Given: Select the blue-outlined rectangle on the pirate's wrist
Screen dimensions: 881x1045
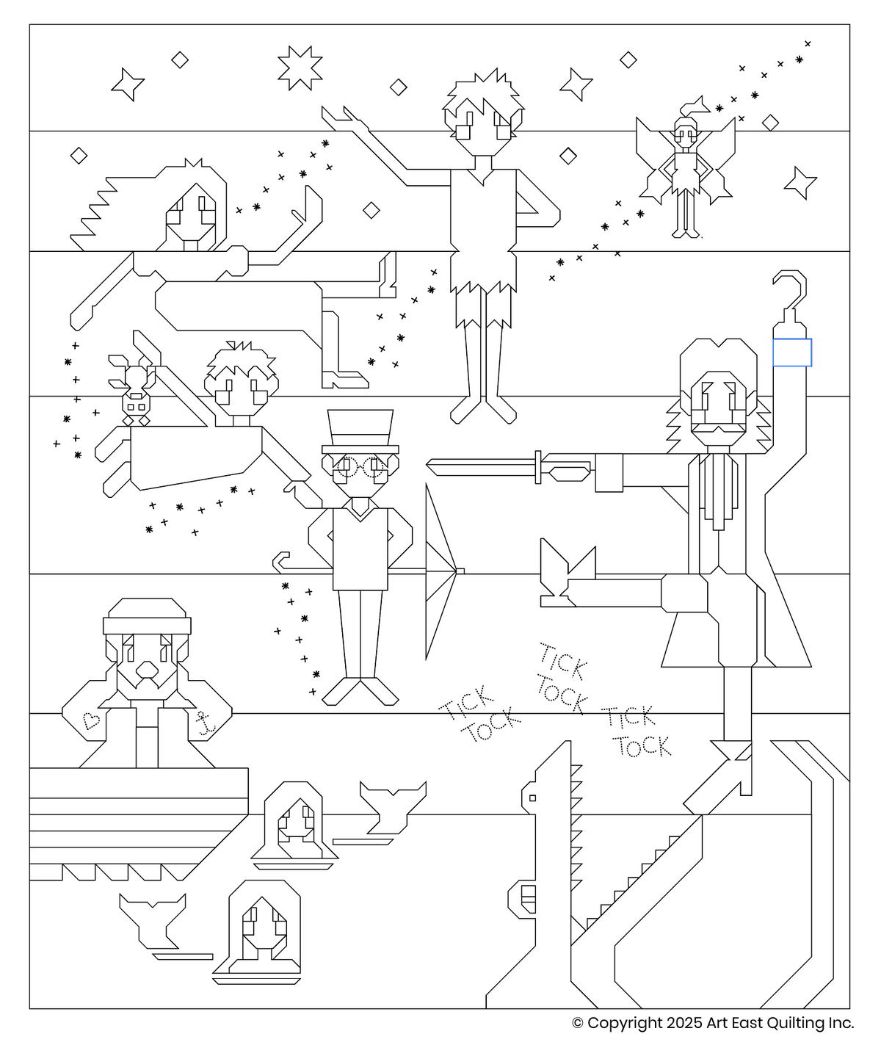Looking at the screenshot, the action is tap(792, 352).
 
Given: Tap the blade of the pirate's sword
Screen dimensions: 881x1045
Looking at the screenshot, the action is tap(480, 468).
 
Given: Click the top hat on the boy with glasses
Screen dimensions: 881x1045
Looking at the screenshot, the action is tap(360, 431).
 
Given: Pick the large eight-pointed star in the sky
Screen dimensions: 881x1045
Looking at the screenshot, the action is tap(300, 68).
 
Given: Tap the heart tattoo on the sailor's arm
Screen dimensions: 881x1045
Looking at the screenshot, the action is tap(91, 720).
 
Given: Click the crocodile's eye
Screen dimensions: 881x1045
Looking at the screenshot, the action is tap(532, 798).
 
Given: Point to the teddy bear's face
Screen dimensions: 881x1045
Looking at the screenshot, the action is tap(136, 406).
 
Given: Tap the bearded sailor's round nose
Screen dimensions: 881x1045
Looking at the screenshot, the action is tap(147, 670).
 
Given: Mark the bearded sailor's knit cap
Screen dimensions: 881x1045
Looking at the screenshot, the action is tap(147, 615).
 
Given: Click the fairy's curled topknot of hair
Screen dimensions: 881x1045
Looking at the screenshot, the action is tap(695, 106).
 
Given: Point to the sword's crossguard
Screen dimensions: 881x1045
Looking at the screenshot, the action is tap(538, 467).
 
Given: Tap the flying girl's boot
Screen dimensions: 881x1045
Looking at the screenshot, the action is tap(345, 380).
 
